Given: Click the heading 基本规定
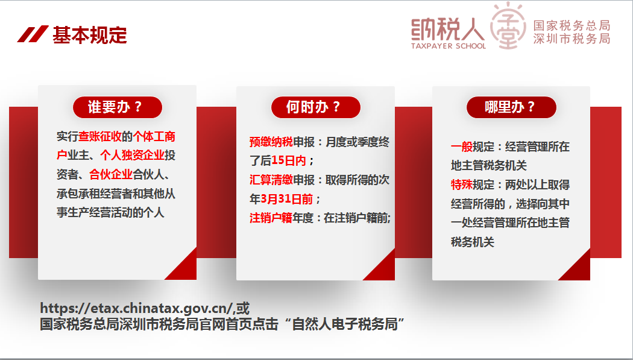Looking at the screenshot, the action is point(90,35).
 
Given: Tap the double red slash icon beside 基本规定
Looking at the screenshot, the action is point(33,34).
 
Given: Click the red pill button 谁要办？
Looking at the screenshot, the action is point(118,107).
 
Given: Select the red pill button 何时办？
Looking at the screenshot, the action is point(316,107).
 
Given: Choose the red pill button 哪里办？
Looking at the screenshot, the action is point(511,107).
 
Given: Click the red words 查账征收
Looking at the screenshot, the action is point(99,136).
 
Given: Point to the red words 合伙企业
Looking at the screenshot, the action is point(110,174).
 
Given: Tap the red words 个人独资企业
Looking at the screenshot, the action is point(132,156).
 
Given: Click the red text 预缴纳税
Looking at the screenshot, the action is point(271,142).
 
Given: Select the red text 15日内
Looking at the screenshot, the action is point(289,160).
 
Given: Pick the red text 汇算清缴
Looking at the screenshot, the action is point(271,180).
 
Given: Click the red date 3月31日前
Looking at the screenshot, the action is point(286,199).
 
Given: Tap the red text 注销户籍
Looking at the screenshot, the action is point(271,218).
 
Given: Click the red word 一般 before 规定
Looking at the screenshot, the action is point(462,147).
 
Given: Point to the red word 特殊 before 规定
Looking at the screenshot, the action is point(462,185).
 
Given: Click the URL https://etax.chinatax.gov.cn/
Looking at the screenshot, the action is point(136,309).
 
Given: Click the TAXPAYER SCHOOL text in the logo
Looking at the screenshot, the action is point(449,46).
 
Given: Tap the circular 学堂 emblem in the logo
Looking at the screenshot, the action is point(508,27).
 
